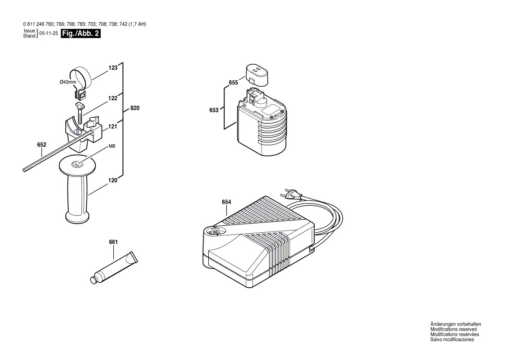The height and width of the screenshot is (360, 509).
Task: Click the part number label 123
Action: [x=113, y=68]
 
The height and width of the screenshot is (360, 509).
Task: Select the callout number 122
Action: [x=113, y=98]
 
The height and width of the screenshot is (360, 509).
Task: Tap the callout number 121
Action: [x=113, y=127]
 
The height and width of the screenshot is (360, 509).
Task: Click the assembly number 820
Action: [x=135, y=108]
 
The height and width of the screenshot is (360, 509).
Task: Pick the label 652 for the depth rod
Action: [x=41, y=145]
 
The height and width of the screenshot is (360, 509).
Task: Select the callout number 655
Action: [x=233, y=82]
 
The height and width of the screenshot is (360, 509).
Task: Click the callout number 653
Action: [x=214, y=110]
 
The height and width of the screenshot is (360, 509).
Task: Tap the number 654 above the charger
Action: [x=226, y=202]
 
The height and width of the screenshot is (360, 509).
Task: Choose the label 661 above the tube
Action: [x=113, y=242]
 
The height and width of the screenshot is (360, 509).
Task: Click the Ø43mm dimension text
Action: [x=68, y=82]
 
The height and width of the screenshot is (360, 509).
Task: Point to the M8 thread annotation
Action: [x=112, y=146]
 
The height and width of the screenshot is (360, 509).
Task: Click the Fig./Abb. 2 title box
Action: [x=81, y=34]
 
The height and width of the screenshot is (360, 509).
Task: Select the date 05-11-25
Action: [x=48, y=34]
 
